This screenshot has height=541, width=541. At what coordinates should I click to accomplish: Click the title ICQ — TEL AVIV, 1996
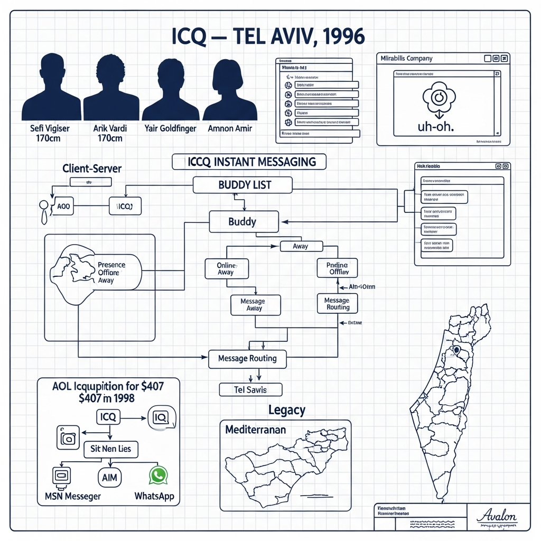click(x=268, y=36)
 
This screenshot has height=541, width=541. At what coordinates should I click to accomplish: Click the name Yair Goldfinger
click(x=170, y=128)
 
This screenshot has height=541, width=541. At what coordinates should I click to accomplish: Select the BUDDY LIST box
click(x=242, y=185)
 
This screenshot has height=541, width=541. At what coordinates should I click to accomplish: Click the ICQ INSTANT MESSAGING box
click(x=249, y=162)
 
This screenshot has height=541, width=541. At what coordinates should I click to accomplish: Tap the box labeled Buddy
click(x=244, y=221)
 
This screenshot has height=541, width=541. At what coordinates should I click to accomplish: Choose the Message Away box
click(x=254, y=305)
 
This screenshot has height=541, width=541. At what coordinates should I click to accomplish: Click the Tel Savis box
click(x=250, y=390)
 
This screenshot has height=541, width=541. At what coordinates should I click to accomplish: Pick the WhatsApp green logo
click(x=157, y=475)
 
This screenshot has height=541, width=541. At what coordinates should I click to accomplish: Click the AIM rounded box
click(x=110, y=477)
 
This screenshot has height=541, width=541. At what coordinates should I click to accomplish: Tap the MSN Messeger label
click(x=69, y=497)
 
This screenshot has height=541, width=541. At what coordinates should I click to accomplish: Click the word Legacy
click(x=287, y=409)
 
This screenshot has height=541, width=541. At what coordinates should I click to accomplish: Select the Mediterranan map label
click(x=256, y=430)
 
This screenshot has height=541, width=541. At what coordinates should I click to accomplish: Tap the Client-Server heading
click(x=92, y=169)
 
